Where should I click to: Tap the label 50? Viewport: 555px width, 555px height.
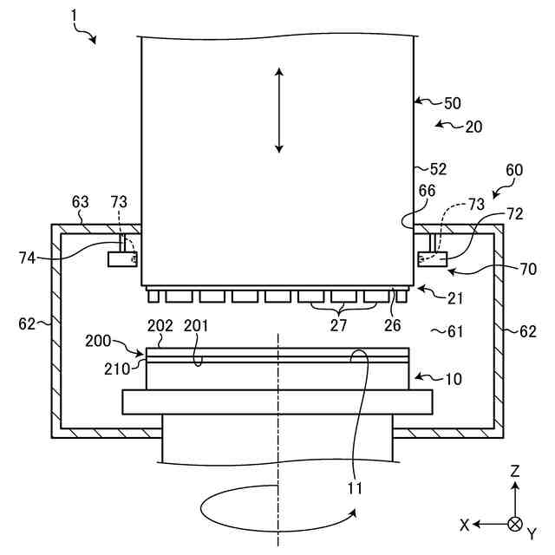tap(453, 103)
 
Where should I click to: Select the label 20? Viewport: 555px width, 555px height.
tap(473, 127)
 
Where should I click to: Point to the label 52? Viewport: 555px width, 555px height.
tap(439, 168)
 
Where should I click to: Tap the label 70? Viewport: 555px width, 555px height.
tap(528, 270)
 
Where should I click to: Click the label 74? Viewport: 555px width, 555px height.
tap(29, 257)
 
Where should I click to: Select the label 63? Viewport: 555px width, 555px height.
tap(80, 202)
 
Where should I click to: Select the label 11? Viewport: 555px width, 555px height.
tap(356, 488)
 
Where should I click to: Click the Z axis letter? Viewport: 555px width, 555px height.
tap(515, 471)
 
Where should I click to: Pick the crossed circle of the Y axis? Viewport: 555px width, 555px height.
tap(515, 524)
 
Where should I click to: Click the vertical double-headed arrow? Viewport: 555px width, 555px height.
tap(278, 111)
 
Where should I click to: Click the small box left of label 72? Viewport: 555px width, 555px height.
tap(430, 258)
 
